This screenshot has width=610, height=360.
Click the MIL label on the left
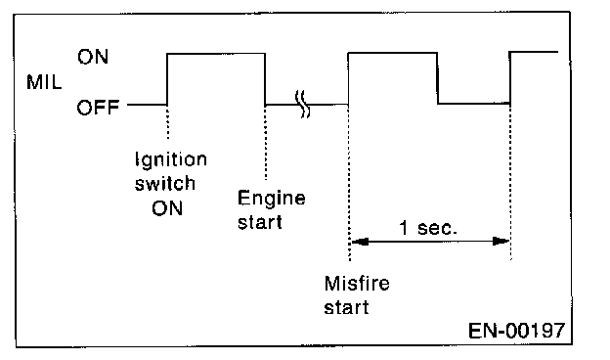44,82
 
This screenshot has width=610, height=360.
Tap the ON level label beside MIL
93,57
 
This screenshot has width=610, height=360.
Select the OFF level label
98,108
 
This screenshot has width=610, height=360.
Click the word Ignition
171,160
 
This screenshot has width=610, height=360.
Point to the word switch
165,183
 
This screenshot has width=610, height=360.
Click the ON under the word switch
167,208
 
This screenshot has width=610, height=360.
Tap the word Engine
271,199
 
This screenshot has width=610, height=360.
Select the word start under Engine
260,223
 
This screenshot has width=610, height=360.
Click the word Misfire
357,284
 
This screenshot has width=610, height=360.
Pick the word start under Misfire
346,307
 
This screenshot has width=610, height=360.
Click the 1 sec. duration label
428,228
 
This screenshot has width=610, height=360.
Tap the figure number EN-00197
516,331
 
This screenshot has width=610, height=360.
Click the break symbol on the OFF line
303,104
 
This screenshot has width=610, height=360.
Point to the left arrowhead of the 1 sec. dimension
360,242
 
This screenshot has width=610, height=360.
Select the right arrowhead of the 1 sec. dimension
501,242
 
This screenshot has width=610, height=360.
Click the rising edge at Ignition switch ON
167,79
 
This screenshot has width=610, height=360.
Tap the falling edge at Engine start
265,79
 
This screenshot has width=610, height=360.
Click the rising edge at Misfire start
348,78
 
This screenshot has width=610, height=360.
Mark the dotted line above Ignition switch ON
168,122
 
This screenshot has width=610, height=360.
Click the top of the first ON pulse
216,54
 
